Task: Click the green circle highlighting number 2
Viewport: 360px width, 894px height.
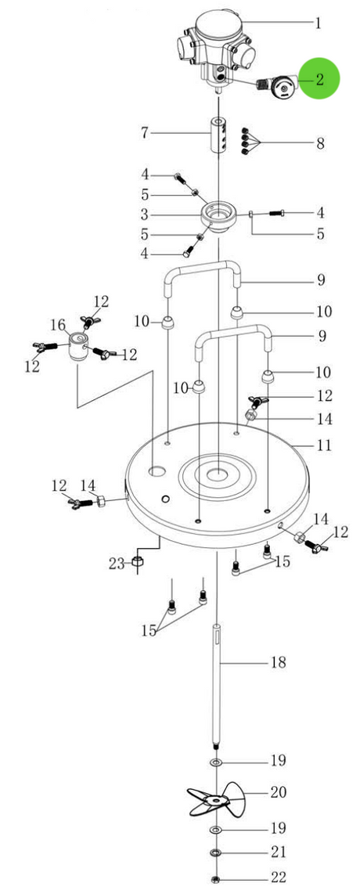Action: pos(319,78)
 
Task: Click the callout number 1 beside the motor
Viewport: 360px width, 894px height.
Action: pos(319,23)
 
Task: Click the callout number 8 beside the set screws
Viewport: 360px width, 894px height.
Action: pos(320,143)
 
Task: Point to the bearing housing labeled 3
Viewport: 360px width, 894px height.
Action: pos(218,214)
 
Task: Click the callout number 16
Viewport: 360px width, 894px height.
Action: pos(59,325)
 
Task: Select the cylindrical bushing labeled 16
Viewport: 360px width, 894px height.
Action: pos(77,347)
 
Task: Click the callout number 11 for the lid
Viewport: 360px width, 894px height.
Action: pos(323,445)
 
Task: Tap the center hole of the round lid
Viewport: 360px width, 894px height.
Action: pos(217,474)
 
